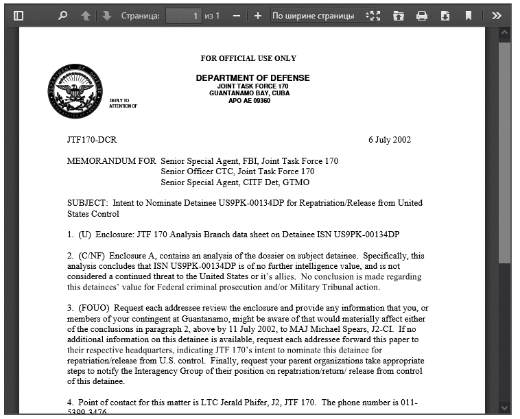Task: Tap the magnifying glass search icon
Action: pyautogui.click(x=63, y=15)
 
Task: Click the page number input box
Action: pyautogui.click(x=184, y=15)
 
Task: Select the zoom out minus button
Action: pyautogui.click(x=237, y=15)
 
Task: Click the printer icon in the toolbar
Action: pyautogui.click(x=422, y=15)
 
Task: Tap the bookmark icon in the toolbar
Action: pyautogui.click(x=469, y=15)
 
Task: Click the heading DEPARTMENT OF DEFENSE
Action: pyautogui.click(x=252, y=78)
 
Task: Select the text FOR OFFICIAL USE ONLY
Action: pyautogui.click(x=248, y=58)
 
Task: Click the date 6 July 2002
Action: pyautogui.click(x=389, y=140)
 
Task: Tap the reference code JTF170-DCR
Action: pyautogui.click(x=92, y=140)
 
